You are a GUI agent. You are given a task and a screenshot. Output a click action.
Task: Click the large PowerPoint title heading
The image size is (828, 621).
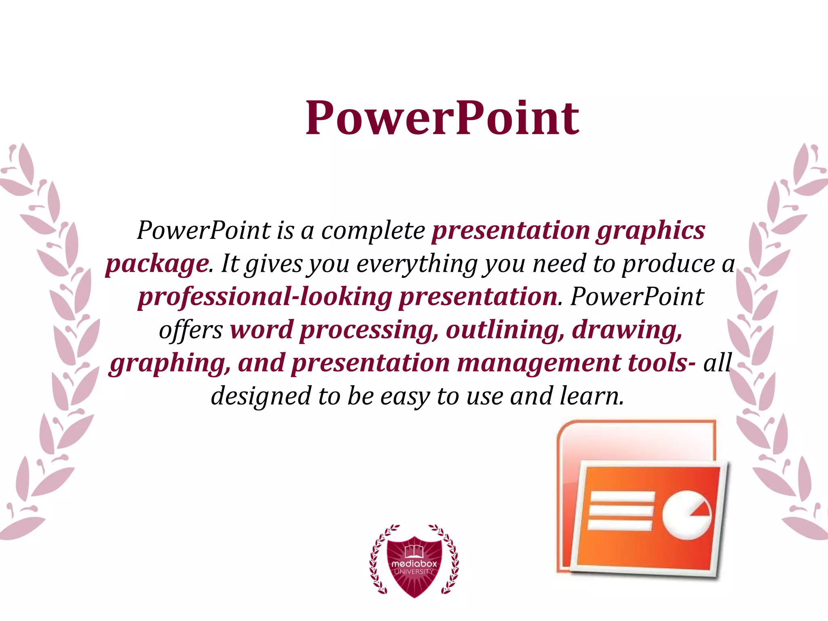click(x=442, y=118)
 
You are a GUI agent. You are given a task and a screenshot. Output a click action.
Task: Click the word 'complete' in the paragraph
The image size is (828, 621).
click(x=373, y=231)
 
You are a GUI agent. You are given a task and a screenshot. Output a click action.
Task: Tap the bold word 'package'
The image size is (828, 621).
click(x=157, y=265)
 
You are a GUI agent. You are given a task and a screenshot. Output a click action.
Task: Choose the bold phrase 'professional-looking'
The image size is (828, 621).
click(x=265, y=297)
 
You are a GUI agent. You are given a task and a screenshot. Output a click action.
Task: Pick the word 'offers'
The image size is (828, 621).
click(x=190, y=330)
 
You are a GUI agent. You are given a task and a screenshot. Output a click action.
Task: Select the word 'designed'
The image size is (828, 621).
click(x=261, y=396)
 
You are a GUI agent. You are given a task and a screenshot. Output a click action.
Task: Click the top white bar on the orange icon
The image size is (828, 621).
click(x=622, y=498)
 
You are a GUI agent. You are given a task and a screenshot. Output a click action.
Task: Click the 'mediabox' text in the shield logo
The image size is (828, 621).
click(x=414, y=563)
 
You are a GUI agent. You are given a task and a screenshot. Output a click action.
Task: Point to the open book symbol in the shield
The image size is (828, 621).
click(x=414, y=550)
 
